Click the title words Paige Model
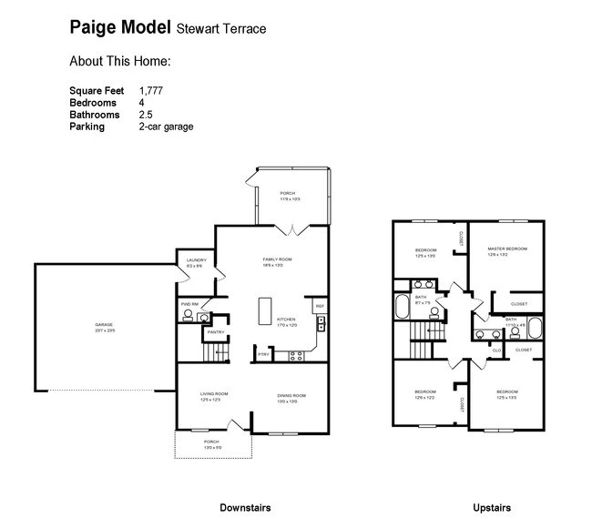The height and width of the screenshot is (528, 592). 118,28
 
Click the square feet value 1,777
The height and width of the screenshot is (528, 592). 152,91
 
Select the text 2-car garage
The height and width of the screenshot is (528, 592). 166,127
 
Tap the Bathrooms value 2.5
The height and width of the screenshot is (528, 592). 146,115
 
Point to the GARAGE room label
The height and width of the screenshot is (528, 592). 105,325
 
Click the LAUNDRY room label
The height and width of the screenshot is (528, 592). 196,261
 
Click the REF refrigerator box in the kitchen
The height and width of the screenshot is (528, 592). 320,306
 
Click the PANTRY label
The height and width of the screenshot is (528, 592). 216,332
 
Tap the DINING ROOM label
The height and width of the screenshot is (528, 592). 291,395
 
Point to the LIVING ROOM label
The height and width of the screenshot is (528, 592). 214,394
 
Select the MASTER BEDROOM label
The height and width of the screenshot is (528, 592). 507,249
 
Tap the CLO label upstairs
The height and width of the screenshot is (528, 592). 497,349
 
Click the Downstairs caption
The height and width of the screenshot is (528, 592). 245,507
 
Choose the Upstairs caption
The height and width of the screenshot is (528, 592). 492,507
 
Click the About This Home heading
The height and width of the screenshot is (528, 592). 120,62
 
